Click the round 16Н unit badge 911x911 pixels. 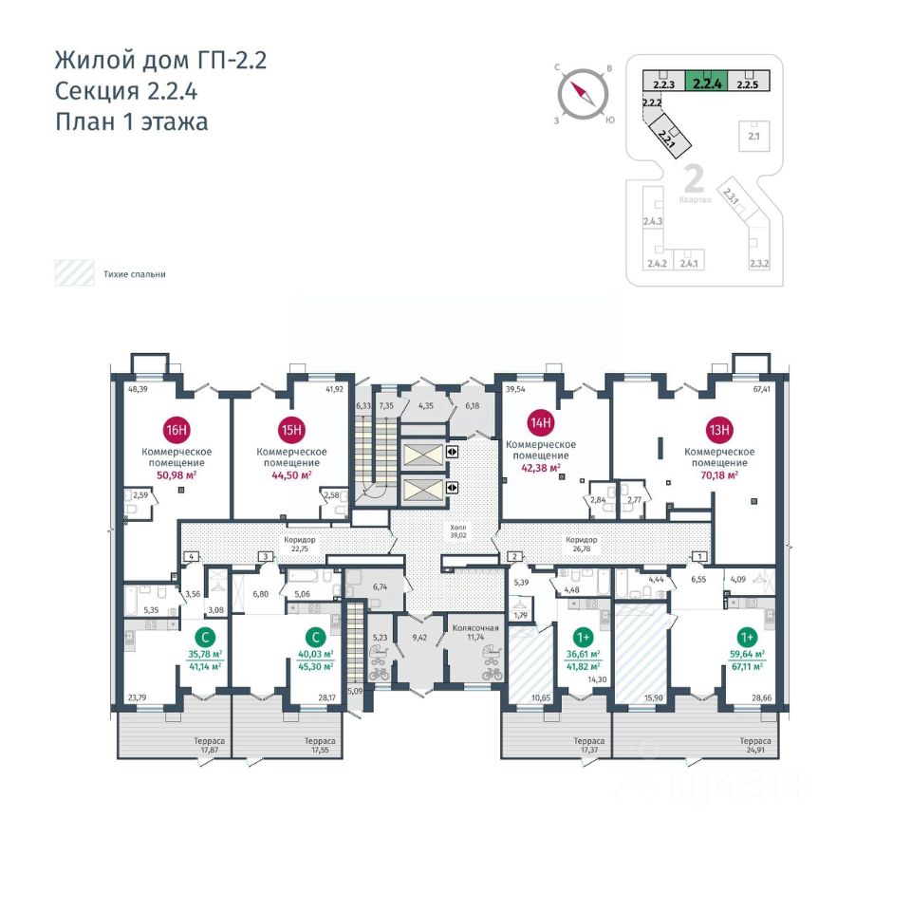(176, 426)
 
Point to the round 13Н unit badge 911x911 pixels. (720, 429)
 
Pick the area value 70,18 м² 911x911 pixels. (718, 474)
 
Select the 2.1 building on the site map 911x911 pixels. (755, 137)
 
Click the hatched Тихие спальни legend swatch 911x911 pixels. (72, 273)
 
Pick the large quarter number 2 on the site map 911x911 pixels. (693, 179)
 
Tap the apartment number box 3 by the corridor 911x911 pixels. (267, 556)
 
